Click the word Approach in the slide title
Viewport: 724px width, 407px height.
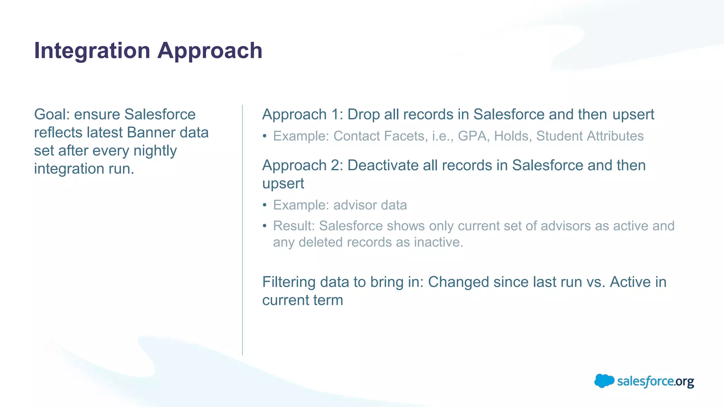pyautogui.click(x=210, y=51)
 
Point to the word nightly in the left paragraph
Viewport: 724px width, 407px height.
pyautogui.click(x=155, y=151)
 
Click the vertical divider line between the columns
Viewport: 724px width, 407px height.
pyautogui.click(x=243, y=230)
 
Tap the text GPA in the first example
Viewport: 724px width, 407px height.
pyautogui.click(x=472, y=136)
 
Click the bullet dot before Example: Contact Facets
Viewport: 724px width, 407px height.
pyautogui.click(x=264, y=137)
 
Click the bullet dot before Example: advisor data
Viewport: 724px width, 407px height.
pyautogui.click(x=264, y=206)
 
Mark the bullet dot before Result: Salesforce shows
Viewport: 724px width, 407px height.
pyautogui.click(x=264, y=226)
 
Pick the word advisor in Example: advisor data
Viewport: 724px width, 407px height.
pyautogui.click(x=355, y=205)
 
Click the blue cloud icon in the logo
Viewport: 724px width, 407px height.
pyautogui.click(x=604, y=381)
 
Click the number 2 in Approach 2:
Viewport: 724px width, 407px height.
pyautogui.click(x=335, y=165)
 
